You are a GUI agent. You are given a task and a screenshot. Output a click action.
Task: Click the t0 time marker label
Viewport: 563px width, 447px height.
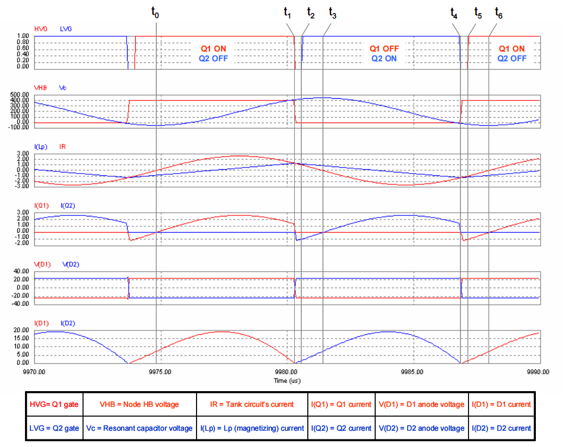pos(156,14)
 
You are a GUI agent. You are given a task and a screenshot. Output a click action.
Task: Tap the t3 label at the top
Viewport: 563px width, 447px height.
pos(332,14)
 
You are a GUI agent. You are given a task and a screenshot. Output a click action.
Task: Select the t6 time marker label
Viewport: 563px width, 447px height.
pos(498,14)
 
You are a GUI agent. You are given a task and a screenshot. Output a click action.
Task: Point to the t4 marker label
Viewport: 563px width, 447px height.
pos(454,14)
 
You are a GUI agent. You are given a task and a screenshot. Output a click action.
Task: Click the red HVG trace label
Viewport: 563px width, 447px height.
pos(41,28)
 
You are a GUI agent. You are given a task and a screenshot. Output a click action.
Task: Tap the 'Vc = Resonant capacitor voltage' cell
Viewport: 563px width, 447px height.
pos(139,428)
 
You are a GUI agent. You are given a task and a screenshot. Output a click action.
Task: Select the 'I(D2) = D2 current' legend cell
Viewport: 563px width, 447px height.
pos(501,428)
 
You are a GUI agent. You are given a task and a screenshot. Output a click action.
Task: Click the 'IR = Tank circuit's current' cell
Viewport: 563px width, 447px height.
pos(252,404)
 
